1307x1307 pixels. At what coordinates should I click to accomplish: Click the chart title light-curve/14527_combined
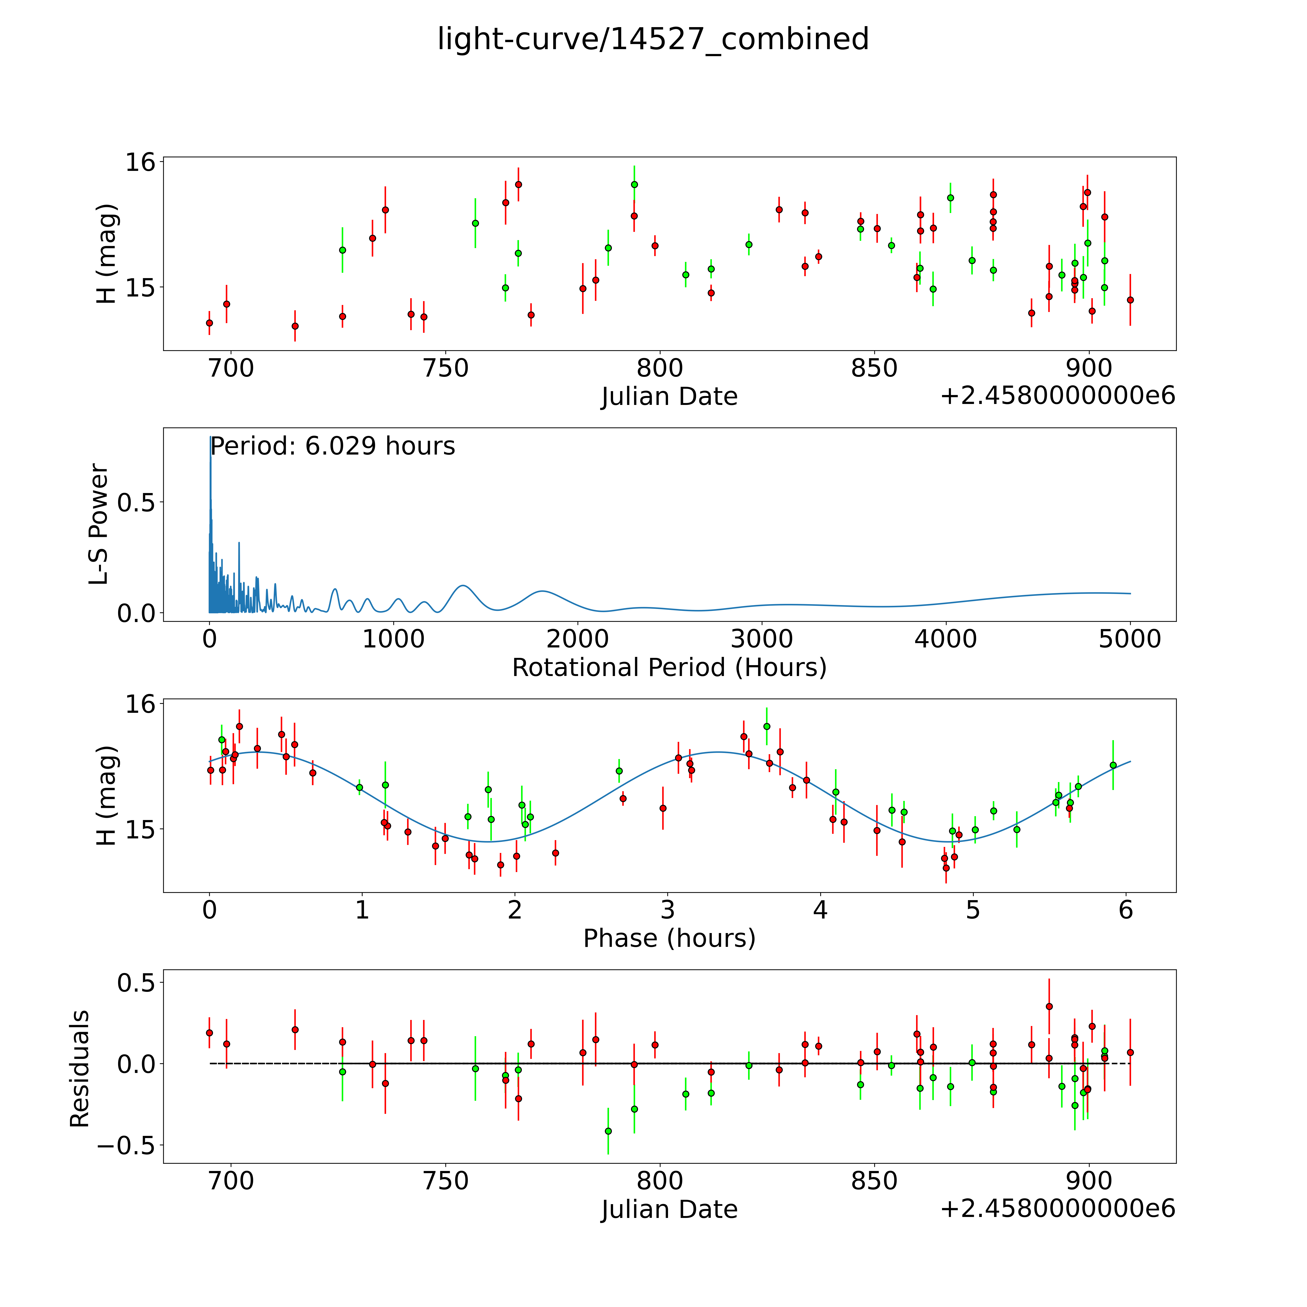[653, 39]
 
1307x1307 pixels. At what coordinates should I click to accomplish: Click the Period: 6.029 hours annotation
[332, 447]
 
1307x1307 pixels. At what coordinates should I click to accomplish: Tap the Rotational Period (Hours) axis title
[669, 668]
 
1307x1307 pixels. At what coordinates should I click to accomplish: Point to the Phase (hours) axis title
[669, 938]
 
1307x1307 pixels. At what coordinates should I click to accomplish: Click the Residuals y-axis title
[80, 1069]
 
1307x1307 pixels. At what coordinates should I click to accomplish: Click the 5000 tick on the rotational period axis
[1130, 639]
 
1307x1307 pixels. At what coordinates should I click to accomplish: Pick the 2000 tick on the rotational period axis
[578, 639]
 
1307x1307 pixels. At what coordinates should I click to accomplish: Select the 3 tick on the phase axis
[668, 910]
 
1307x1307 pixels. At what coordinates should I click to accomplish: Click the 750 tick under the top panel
[445, 369]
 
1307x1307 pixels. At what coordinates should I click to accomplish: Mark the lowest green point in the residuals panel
[608, 1131]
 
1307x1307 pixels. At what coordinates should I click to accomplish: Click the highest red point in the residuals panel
[1049, 1007]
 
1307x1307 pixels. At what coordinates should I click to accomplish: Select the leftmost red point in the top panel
[209, 323]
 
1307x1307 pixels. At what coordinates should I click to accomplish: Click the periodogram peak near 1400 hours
[463, 585]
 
